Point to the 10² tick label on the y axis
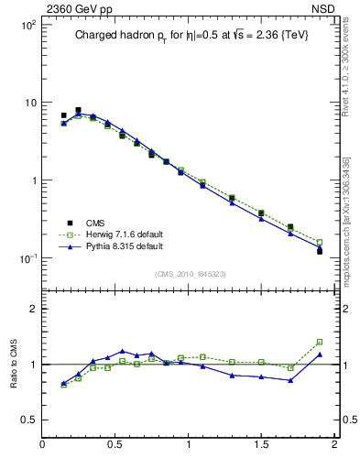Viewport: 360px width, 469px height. (x=27, y=26)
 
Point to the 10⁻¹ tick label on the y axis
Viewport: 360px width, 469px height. (x=27, y=257)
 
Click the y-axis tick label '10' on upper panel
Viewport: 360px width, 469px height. (x=29, y=103)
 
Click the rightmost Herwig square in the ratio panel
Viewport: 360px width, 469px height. (x=320, y=342)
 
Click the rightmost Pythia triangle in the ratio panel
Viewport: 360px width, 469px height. (x=320, y=354)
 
